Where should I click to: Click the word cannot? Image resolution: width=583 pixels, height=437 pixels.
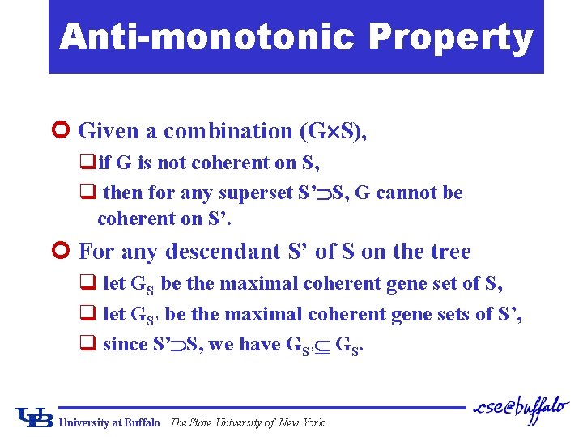(406, 193)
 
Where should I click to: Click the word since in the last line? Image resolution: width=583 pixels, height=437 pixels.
(125, 344)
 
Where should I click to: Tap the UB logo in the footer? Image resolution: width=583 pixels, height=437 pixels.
(34, 418)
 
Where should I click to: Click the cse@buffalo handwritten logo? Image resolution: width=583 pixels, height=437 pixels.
(521, 408)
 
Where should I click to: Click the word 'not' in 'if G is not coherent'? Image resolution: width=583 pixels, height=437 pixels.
(171, 163)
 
